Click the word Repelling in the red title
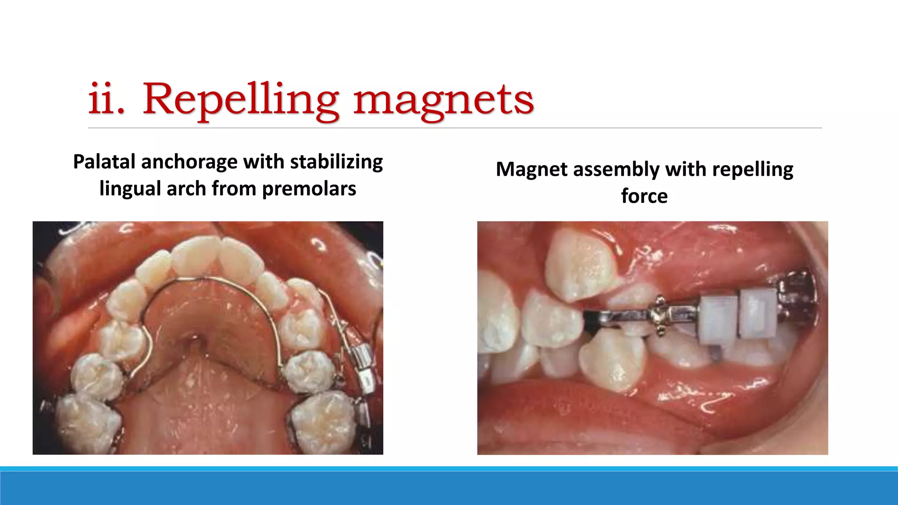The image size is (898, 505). (240, 100)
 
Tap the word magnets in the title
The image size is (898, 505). (444, 100)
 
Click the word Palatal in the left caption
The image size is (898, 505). (104, 162)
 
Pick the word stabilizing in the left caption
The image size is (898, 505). (336, 162)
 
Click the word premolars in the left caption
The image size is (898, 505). (309, 189)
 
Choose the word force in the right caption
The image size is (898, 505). (644, 196)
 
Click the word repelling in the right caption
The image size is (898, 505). (752, 169)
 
